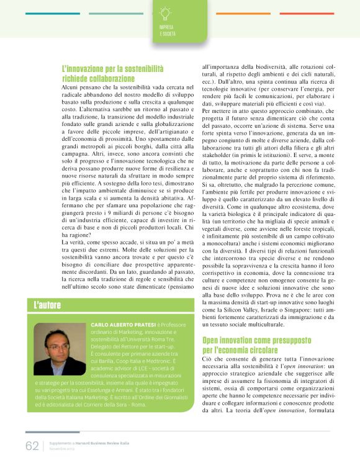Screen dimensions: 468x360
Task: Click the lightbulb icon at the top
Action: pos(165,13)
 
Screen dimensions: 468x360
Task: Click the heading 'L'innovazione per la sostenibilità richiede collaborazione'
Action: pos(112,74)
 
